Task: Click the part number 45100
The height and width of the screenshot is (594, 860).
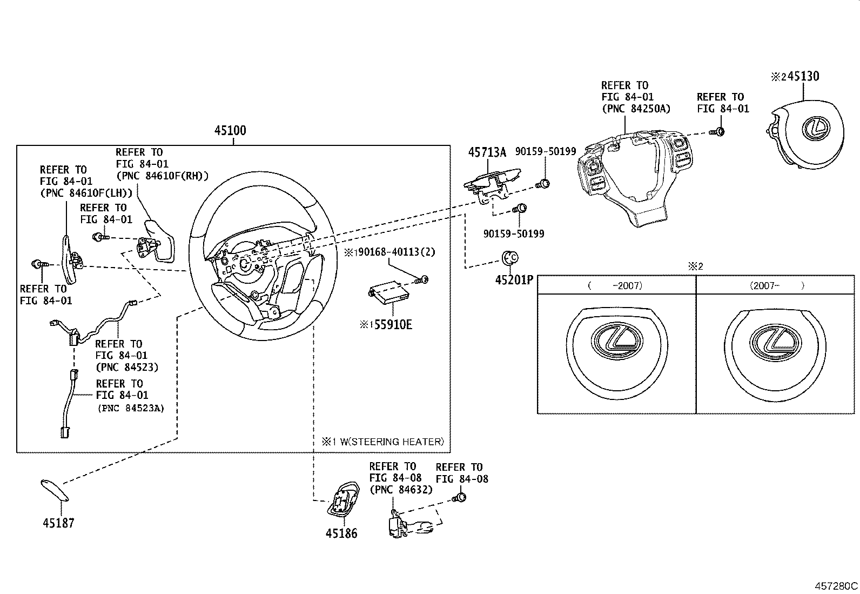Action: [x=230, y=131]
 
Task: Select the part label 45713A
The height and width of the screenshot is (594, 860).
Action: [x=487, y=152]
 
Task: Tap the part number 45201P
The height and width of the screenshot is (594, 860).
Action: [x=514, y=280]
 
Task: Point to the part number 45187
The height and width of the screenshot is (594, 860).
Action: [x=58, y=523]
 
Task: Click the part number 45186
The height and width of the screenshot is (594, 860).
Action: [x=341, y=533]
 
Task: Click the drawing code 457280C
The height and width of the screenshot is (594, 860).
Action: [x=836, y=585]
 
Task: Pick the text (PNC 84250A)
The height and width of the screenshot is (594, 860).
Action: [x=636, y=108]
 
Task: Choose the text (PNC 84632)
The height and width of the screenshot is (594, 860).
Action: [x=401, y=490]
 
